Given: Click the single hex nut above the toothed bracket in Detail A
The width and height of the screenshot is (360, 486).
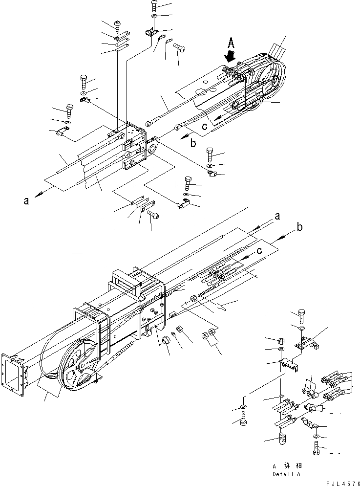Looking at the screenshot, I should (281, 340).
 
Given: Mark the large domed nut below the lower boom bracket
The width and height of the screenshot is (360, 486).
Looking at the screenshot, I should (167, 339).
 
